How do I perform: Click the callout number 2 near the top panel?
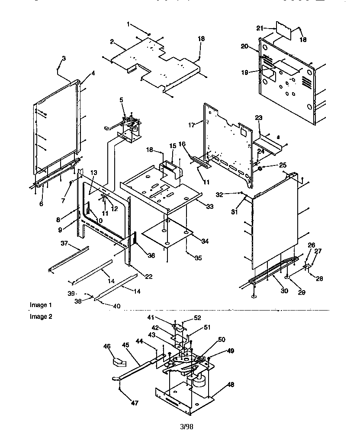click(x=112, y=42)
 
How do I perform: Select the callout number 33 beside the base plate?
click(x=210, y=207)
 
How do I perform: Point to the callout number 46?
click(x=107, y=346)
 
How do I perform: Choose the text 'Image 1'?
click(x=41, y=305)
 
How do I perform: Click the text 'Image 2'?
click(x=41, y=316)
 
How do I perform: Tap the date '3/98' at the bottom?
click(x=186, y=427)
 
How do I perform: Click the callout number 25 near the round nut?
click(x=271, y=165)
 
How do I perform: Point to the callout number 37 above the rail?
click(x=64, y=243)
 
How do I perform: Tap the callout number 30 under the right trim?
click(x=284, y=291)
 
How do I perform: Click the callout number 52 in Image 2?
click(x=197, y=317)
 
